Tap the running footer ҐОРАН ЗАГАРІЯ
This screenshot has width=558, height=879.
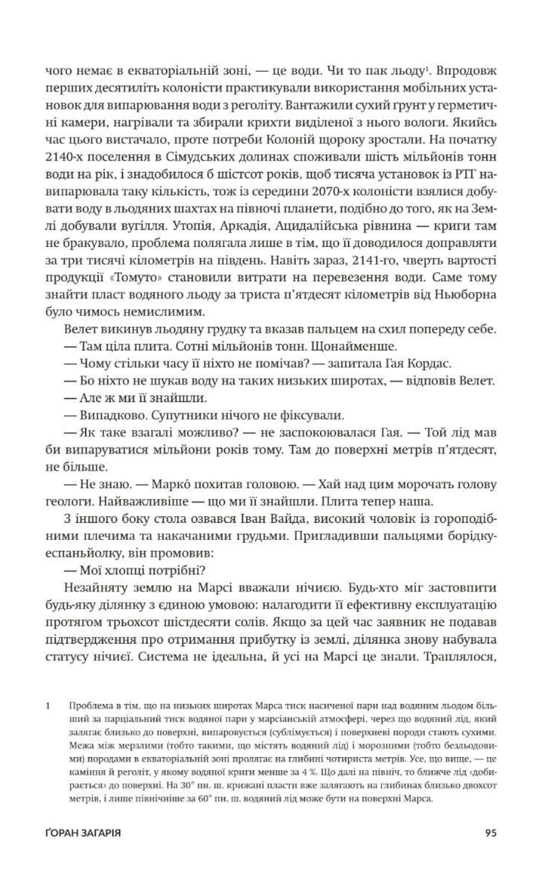coord(83,833)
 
